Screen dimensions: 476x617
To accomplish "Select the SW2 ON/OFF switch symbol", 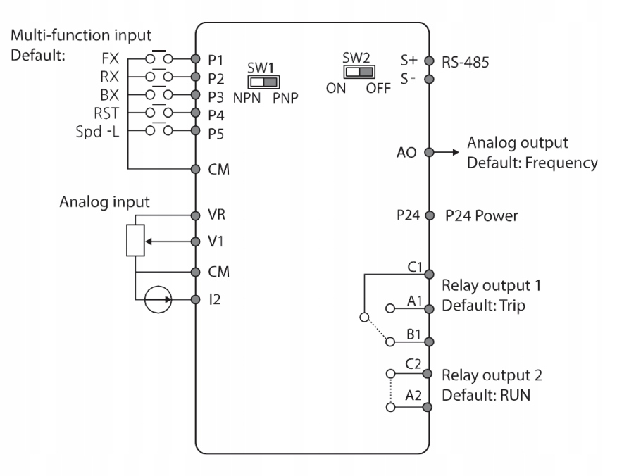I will tap(358, 72).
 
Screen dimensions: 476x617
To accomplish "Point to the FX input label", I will tap(108, 60).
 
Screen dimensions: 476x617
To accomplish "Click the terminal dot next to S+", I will tap(426, 61).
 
